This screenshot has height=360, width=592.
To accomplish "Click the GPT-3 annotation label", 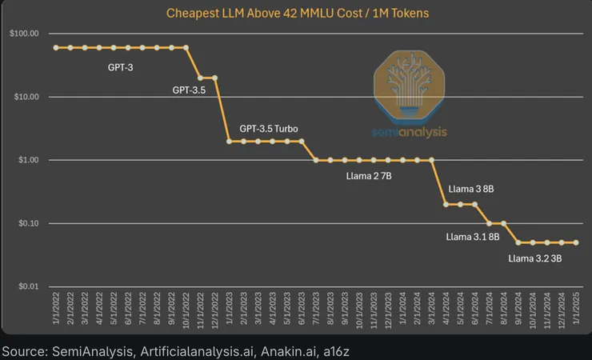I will click(120, 67).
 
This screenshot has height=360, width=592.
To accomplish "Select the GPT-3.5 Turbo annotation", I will click(270, 129).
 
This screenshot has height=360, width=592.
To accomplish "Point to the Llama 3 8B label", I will click(471, 190).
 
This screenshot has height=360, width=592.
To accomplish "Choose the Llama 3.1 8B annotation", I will click(473, 237).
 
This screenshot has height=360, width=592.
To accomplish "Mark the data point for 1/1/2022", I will click(56, 48).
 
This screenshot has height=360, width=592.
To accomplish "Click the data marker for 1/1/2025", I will click(576, 242).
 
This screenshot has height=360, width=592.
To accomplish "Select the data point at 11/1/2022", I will click(200, 78).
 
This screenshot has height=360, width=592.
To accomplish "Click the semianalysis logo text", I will click(410, 132).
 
